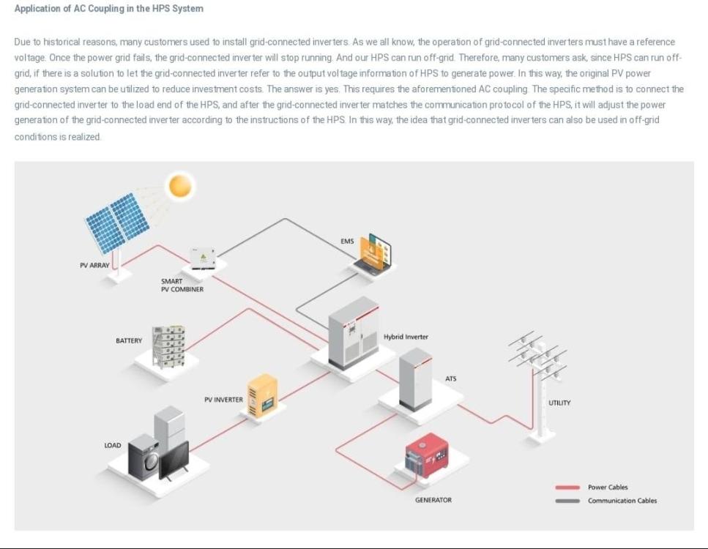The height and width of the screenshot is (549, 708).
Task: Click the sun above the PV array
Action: (180, 186)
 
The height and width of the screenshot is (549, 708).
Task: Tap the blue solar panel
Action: (118, 222)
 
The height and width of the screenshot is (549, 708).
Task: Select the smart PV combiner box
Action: (203, 258)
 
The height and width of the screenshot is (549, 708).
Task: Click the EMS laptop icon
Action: (373, 254)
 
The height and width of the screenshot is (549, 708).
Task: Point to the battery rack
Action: (168, 346)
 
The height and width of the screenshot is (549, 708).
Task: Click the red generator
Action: (427, 455)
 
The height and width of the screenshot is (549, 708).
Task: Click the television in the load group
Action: (174, 461)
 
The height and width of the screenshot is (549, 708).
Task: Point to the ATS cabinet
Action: (415, 379)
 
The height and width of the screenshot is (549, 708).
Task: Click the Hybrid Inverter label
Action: (406, 337)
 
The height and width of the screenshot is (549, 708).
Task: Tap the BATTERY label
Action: (129, 340)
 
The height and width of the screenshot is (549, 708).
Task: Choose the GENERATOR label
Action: (433, 500)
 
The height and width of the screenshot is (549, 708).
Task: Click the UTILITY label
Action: (559, 403)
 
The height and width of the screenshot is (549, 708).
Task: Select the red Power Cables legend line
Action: (567, 488)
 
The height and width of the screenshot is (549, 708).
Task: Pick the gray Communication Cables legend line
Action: (567, 501)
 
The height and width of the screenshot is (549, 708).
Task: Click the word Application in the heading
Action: (38, 9)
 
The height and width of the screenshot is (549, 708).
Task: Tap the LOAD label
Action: (113, 445)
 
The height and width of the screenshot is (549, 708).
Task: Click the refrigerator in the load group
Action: (169, 427)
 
